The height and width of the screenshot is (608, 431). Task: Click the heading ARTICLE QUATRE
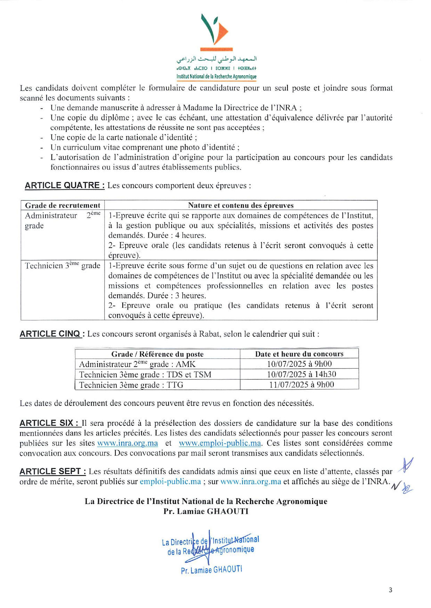coord(65,185)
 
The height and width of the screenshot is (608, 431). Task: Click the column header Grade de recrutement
coord(63,205)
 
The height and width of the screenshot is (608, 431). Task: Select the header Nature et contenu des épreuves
coord(241,205)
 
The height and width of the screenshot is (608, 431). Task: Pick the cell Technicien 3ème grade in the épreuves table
coord(63,266)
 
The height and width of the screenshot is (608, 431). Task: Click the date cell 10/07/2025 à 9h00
coord(299,364)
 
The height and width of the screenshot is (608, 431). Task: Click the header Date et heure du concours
coord(299,354)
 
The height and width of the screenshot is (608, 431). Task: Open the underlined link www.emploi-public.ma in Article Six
coord(220,443)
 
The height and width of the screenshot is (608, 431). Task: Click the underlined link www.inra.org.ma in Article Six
coord(128,443)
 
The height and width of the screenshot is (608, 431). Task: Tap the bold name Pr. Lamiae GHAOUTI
coord(206,512)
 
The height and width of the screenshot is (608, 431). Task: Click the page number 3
coord(390,590)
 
